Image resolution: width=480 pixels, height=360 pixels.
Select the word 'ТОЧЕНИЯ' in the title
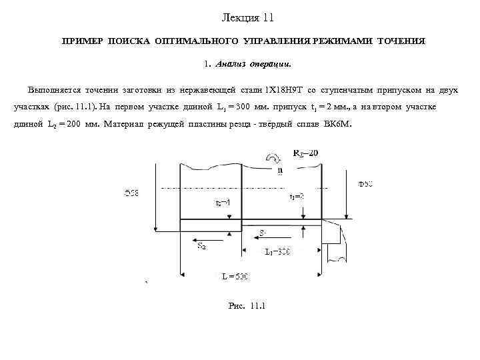401,41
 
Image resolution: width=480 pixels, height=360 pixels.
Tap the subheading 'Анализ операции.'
253,65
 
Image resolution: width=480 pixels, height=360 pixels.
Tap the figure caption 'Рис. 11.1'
246,306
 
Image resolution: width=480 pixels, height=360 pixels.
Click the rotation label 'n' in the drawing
280,170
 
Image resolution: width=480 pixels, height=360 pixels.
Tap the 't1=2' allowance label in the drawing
296,197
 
